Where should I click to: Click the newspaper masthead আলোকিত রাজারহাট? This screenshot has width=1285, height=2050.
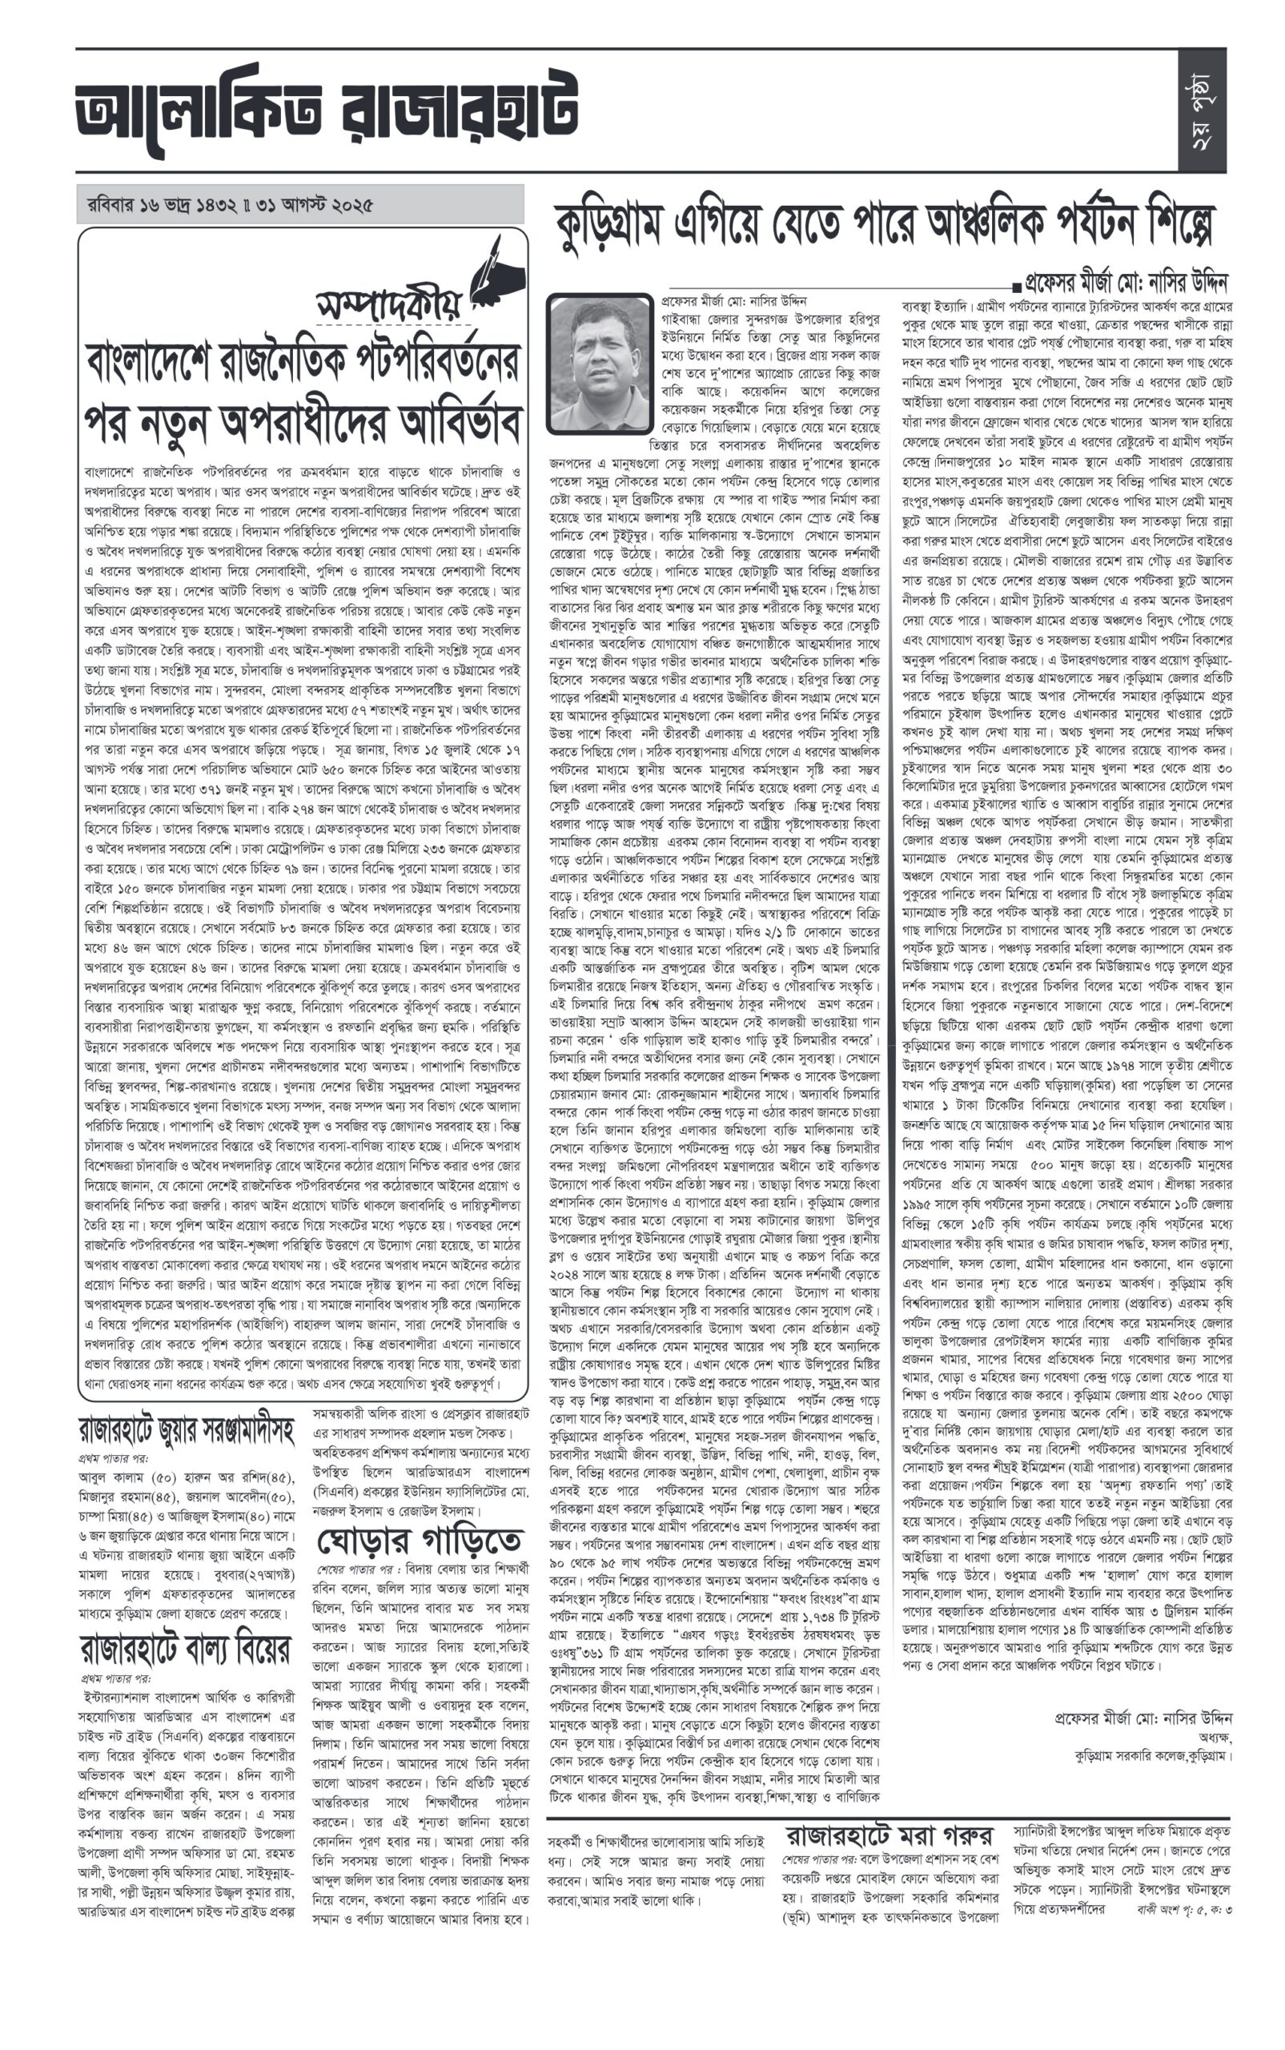[327, 114]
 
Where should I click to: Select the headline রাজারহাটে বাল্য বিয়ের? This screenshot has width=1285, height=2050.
[185, 1649]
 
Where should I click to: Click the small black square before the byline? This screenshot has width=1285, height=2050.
[1016, 283]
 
